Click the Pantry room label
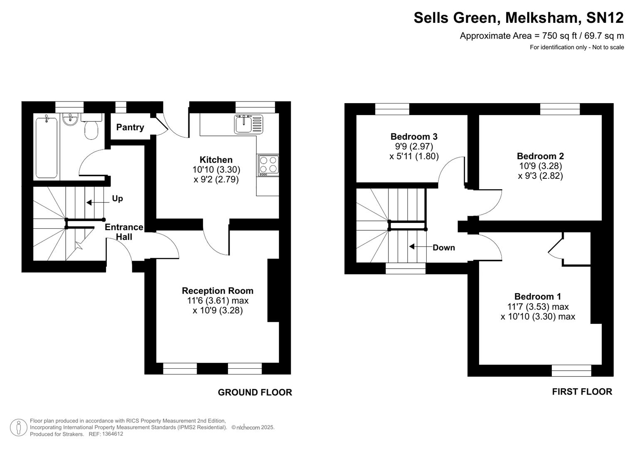[130, 127]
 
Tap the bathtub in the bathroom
[47, 148]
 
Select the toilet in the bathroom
[91, 127]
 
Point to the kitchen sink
[248, 124]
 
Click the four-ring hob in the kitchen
[268, 164]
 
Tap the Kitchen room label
[216, 160]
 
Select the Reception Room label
[217, 291]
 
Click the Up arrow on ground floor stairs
[95, 202]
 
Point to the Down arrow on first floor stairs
[420, 247]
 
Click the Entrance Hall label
[124, 232]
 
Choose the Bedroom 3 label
[414, 137]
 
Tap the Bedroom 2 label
[540, 156]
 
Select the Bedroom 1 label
[538, 296]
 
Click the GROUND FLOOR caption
[255, 392]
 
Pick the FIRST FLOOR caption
[582, 392]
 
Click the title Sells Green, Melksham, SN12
[518, 18]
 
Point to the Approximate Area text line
[541, 36]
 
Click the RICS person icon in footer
[18, 427]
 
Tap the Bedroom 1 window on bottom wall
[571, 370]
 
